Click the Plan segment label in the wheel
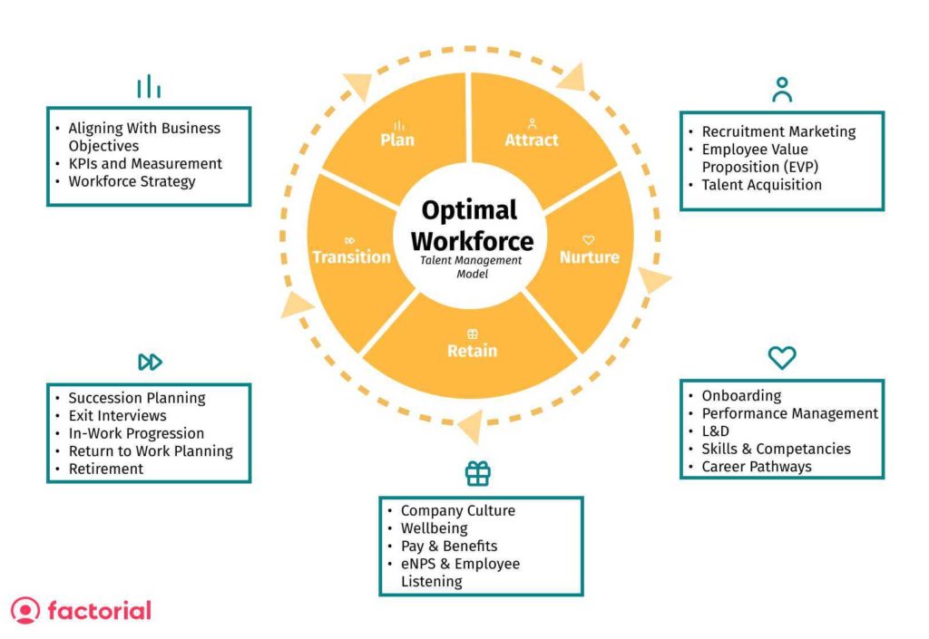click(x=397, y=140)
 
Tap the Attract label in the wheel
click(x=532, y=140)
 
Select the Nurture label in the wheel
click(x=590, y=257)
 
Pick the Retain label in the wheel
click(x=472, y=350)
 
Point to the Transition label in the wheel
click(x=352, y=257)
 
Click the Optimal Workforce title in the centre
click(x=472, y=226)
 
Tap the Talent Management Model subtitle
click(x=472, y=266)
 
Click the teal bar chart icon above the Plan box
click(x=149, y=86)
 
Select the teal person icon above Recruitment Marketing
click(x=782, y=90)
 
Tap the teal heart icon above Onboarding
click(x=782, y=357)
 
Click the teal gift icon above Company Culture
click(x=477, y=473)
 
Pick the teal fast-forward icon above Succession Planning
click(x=150, y=362)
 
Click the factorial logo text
click(x=100, y=611)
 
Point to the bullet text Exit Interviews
click(x=117, y=415)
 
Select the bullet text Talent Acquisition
click(x=761, y=185)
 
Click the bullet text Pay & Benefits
click(x=449, y=546)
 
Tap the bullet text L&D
click(x=715, y=431)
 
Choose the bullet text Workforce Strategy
click(x=132, y=181)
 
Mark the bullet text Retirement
click(x=106, y=469)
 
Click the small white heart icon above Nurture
click(x=588, y=239)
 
